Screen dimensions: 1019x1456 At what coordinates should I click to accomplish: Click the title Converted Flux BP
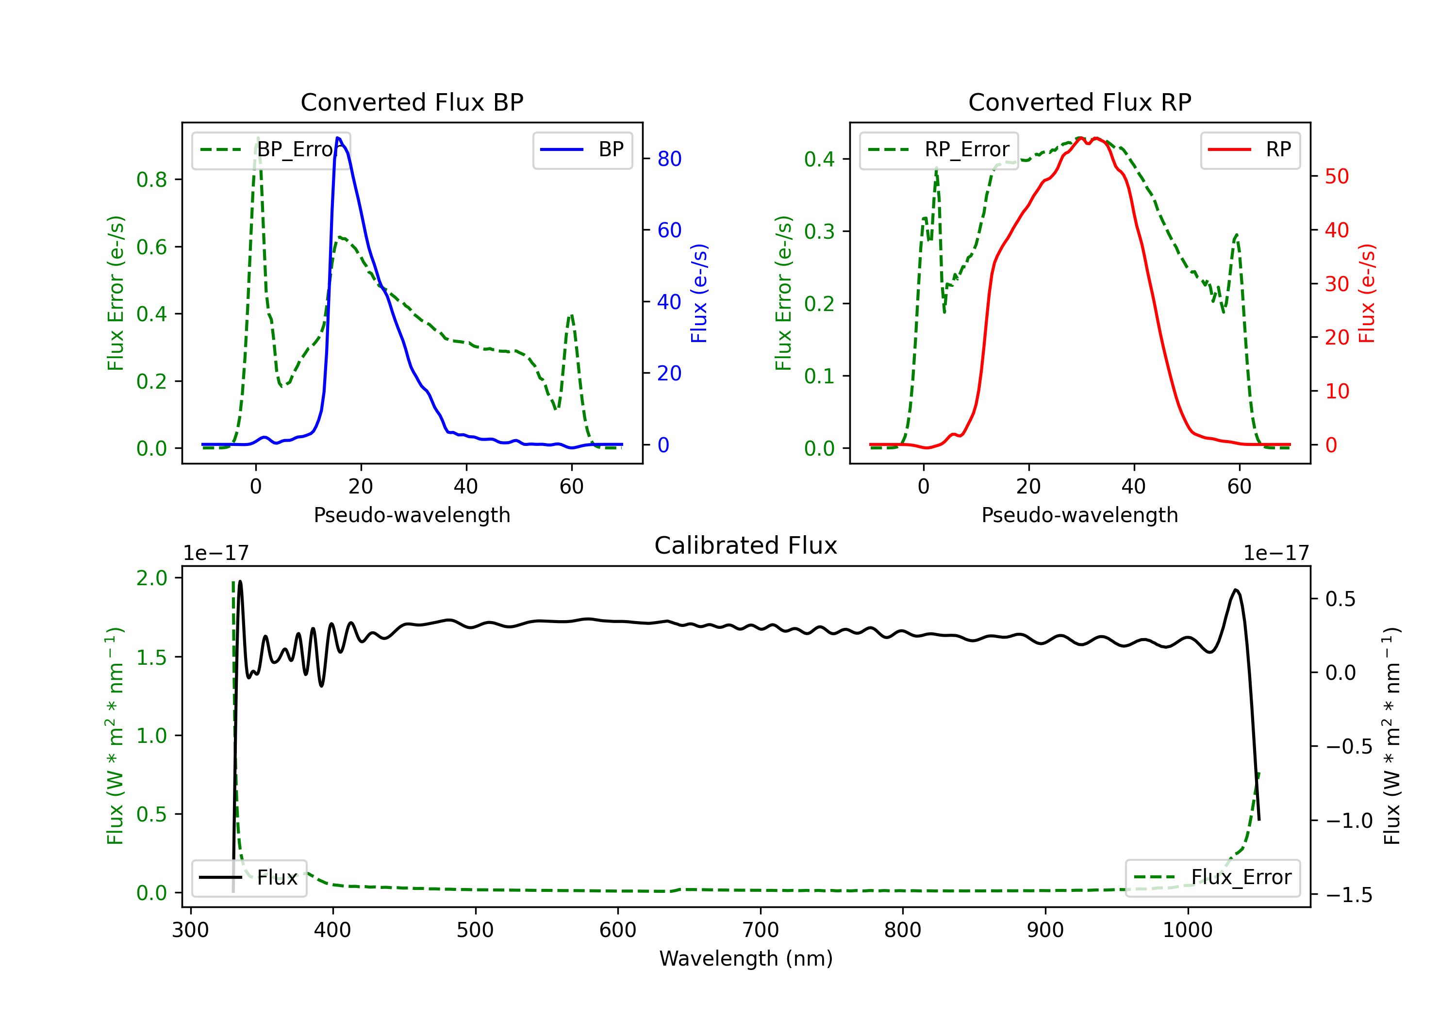pyautogui.click(x=412, y=102)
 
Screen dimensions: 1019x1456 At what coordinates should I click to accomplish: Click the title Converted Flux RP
pyautogui.click(x=1079, y=102)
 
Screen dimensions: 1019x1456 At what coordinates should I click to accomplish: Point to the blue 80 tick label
pyautogui.click(x=669, y=159)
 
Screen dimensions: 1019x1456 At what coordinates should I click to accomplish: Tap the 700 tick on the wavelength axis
pyautogui.click(x=761, y=930)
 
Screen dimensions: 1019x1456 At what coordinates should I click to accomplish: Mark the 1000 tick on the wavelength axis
pyautogui.click(x=1187, y=930)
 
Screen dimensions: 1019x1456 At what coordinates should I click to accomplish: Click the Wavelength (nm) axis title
pyautogui.click(x=746, y=959)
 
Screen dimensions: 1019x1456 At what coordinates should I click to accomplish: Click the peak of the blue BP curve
pyautogui.click(x=338, y=138)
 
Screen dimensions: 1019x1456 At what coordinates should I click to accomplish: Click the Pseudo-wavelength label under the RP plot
pyautogui.click(x=1079, y=515)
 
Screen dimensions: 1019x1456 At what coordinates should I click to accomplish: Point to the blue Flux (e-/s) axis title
pyautogui.click(x=699, y=294)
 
